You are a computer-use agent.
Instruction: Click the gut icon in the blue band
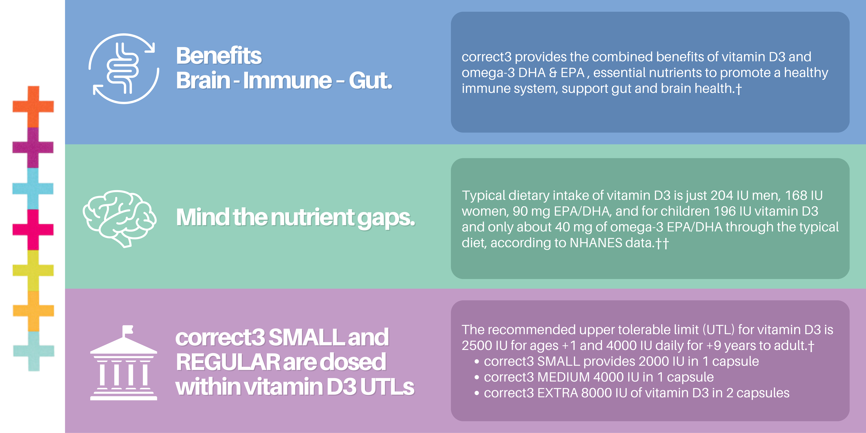124,69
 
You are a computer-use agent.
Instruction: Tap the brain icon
119,219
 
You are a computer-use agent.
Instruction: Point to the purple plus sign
33,147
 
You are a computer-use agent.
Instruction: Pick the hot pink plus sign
33,230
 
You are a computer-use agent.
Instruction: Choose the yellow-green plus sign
33,271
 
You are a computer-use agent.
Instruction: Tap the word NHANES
596,243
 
